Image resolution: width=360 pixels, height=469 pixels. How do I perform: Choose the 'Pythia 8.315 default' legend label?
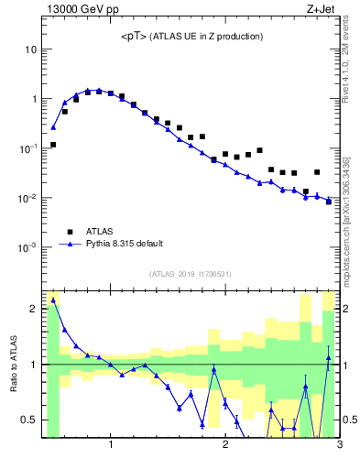125,244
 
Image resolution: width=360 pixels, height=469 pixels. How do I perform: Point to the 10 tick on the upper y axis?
31,49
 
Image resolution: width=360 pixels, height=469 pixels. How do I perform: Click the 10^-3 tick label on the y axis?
28,248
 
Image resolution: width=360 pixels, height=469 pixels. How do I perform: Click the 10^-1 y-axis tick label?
28,148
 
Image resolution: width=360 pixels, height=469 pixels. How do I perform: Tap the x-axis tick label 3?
339,446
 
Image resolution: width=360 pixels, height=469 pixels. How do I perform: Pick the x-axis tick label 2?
224,446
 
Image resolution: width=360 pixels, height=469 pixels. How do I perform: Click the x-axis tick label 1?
111,446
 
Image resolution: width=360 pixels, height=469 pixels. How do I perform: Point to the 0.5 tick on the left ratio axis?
29,420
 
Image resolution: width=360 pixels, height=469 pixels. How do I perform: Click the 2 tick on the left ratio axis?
34,309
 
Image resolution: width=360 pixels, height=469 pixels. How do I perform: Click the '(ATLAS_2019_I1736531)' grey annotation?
191,274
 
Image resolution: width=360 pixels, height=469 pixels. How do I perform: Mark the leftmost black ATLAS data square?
53,145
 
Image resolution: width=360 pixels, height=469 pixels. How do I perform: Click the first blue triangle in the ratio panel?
53,300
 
